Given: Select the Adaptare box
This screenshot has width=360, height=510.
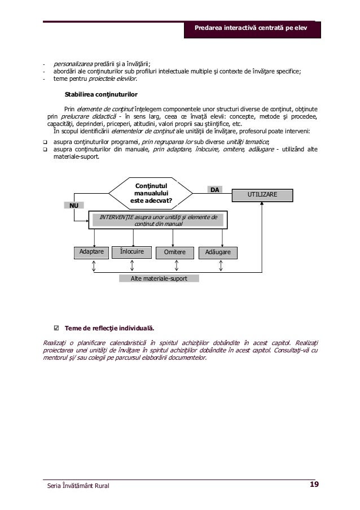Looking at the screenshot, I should [x=92, y=251].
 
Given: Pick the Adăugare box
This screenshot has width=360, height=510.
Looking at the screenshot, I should [x=217, y=252].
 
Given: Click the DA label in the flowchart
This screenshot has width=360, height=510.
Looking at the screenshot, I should [x=215, y=190].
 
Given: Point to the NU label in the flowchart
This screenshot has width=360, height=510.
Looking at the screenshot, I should [x=74, y=206].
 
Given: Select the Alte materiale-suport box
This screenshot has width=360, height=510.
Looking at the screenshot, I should [x=160, y=278].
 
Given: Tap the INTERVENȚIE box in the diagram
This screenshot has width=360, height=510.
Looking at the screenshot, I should [x=158, y=220].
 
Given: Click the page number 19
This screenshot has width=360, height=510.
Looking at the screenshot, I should [x=314, y=483].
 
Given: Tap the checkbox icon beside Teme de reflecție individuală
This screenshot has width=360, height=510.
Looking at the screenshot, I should [x=56, y=327].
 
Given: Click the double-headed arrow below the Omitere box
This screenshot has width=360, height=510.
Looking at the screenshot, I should [x=177, y=266].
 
